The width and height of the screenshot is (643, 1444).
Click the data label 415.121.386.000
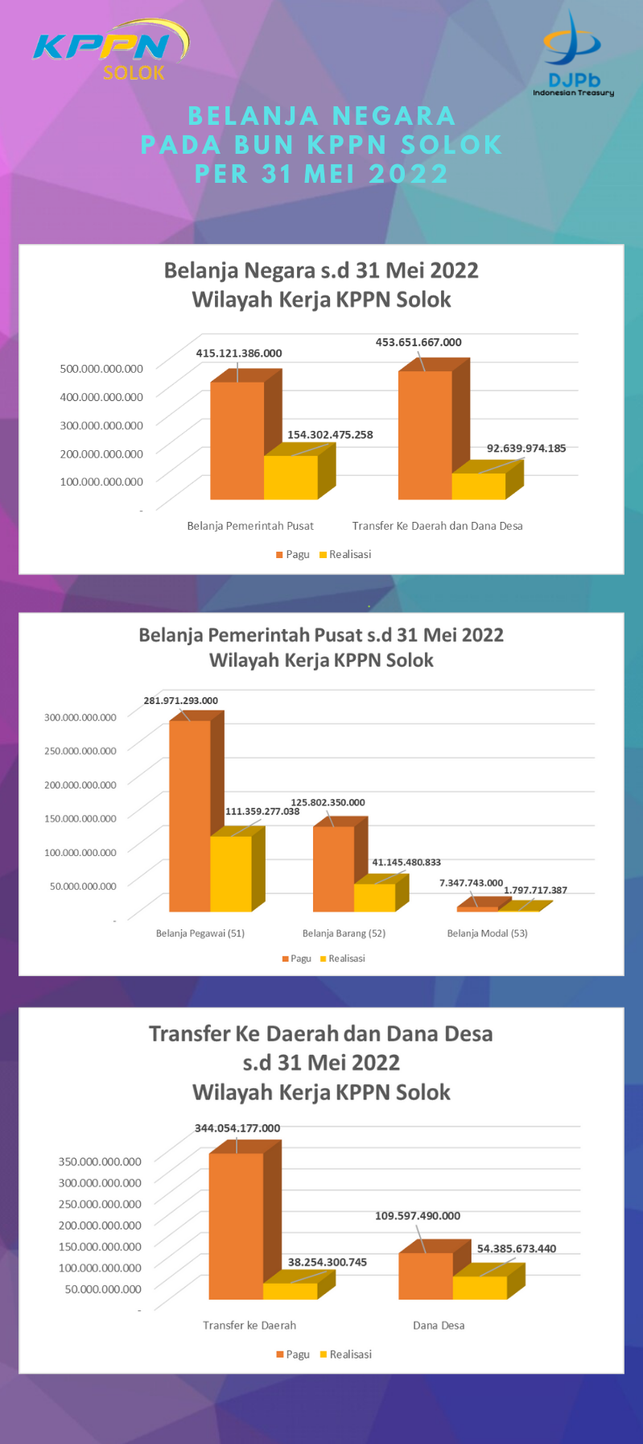click(239, 354)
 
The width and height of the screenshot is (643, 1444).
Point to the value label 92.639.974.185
click(526, 448)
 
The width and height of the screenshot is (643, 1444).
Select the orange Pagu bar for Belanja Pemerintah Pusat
click(237, 441)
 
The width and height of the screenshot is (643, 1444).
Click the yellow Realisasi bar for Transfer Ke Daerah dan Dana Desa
click(478, 486)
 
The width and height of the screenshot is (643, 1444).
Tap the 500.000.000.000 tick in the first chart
click(101, 369)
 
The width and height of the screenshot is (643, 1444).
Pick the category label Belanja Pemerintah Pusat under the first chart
click(250, 526)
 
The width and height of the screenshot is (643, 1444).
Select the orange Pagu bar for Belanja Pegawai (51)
click(190, 815)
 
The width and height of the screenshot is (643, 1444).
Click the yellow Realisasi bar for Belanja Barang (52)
click(374, 897)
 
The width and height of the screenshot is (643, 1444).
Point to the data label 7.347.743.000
click(471, 883)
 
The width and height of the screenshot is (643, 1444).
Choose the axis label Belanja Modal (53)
click(487, 933)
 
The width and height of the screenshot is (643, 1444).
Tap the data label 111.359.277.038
click(262, 811)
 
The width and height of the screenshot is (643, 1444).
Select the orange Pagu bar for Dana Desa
click(426, 1276)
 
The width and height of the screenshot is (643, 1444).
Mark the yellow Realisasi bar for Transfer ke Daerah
click(290, 1291)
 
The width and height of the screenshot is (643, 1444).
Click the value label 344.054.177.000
click(237, 1128)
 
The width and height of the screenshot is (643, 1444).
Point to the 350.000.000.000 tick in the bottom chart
click(100, 1161)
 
